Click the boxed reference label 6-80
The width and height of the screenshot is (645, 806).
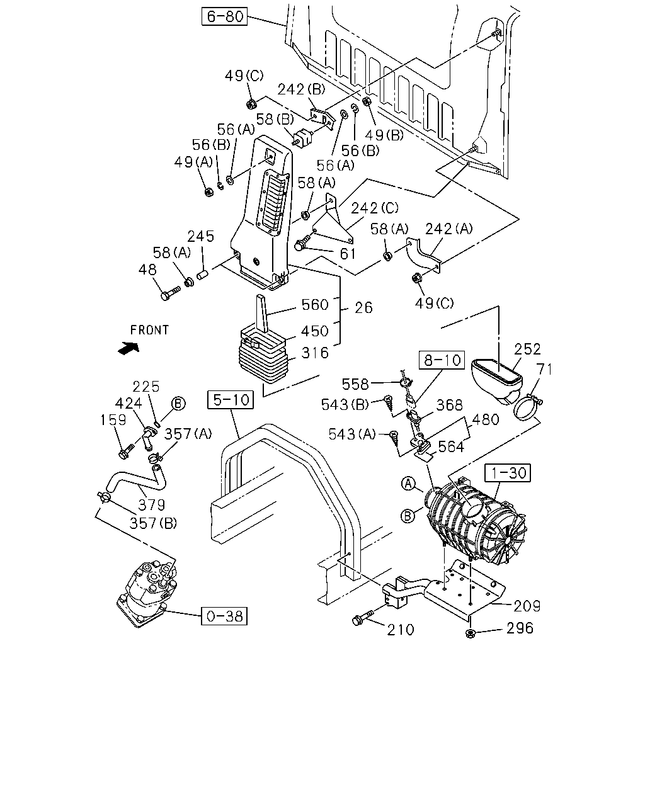224,16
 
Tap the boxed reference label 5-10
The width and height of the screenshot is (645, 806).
231,400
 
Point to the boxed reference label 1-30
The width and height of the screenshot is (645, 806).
508,473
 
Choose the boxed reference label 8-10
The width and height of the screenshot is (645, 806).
442,360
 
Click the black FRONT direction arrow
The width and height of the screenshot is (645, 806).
128,348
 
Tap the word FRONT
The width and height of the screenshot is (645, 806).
149,330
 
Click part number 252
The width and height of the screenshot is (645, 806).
527,349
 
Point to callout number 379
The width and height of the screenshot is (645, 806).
151,505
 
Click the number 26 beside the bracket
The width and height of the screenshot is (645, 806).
363,308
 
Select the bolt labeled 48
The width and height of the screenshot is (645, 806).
171,293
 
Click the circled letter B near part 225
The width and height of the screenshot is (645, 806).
178,404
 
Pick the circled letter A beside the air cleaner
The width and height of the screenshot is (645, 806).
408,484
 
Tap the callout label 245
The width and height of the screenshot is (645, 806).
200,236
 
